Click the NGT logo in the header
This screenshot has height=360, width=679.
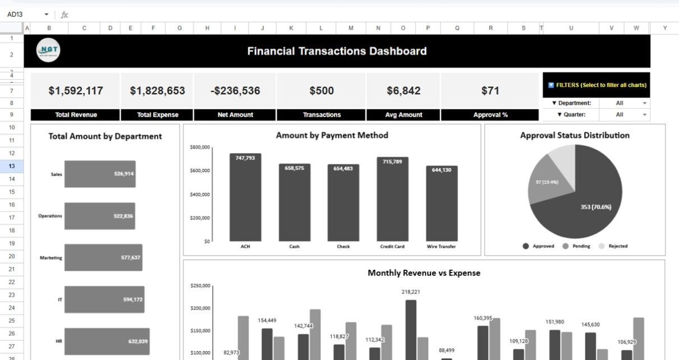[x=48, y=50]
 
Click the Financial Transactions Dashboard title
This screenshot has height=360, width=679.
[x=337, y=51]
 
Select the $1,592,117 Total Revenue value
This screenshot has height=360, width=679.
[x=75, y=90]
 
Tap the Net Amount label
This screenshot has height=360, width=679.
[x=235, y=115]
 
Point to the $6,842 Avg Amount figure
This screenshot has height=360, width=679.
[x=403, y=90]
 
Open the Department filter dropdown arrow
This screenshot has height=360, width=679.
[x=644, y=103]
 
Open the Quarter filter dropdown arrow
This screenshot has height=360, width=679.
[x=644, y=114]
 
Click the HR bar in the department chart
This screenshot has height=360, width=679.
[x=107, y=341]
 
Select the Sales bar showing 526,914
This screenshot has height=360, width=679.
[x=99, y=174]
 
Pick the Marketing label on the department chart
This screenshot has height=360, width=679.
[x=51, y=258]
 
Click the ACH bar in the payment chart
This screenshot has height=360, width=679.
[x=245, y=197]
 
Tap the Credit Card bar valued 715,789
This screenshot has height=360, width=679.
[x=392, y=199]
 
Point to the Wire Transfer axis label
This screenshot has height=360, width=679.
[x=441, y=247]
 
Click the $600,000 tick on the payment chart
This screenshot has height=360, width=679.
[x=200, y=170]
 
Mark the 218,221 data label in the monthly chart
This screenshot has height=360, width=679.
[x=411, y=292]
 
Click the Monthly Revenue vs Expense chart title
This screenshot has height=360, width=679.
[x=424, y=273]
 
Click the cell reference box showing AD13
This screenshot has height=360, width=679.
[x=22, y=15]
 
